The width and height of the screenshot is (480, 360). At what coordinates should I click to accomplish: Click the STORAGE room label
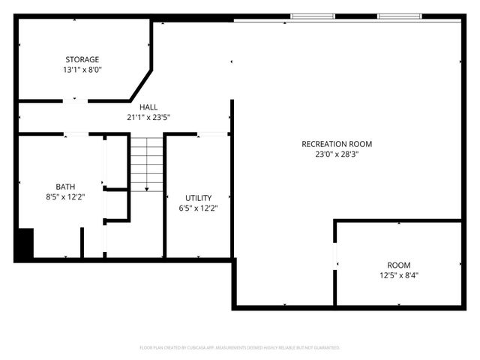click(82, 59)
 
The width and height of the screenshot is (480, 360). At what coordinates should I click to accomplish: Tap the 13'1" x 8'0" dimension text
click(82, 70)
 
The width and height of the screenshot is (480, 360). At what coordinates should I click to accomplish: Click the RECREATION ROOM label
click(337, 144)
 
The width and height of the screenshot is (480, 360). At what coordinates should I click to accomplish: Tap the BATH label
click(65, 187)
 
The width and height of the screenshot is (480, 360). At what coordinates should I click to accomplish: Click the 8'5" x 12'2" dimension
click(65, 197)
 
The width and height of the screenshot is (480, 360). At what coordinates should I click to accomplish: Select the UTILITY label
click(199, 197)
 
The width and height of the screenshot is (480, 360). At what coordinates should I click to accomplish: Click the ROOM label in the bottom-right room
click(398, 265)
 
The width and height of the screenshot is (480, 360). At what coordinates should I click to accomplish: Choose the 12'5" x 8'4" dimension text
click(398, 275)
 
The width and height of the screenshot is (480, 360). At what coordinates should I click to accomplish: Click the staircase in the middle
click(147, 163)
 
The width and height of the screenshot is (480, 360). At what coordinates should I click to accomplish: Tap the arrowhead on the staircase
click(147, 188)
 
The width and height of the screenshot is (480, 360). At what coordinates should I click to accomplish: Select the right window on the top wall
click(399, 16)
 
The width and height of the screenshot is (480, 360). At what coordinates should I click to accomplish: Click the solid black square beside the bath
click(24, 243)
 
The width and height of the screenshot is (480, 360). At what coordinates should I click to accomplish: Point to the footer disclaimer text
click(240, 348)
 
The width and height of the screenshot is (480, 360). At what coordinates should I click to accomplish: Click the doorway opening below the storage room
click(75, 100)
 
